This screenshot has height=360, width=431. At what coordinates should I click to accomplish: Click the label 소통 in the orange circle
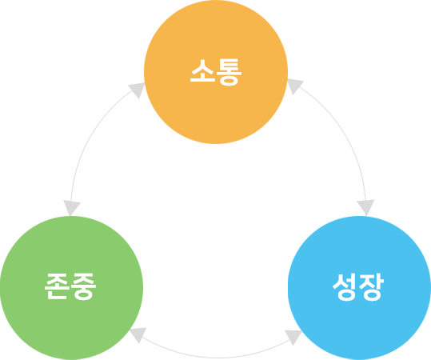pyautogui.click(x=216, y=72)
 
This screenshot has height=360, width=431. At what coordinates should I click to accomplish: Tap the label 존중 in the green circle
pyautogui.click(x=70, y=286)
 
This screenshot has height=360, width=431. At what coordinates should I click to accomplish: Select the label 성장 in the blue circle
pyautogui.click(x=358, y=287)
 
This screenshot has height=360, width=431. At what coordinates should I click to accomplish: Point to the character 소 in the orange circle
pyautogui.click(x=202, y=70)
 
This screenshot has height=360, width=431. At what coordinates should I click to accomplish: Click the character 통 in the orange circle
pyautogui.click(x=229, y=72)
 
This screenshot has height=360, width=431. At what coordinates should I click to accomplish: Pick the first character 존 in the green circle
pyautogui.click(x=58, y=286)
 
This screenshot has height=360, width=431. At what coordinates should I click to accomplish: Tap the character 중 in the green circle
pyautogui.click(x=83, y=286)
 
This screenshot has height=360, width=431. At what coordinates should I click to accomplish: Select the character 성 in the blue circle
pyautogui.click(x=345, y=287)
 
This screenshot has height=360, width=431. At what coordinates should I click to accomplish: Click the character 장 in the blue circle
pyautogui.click(x=371, y=287)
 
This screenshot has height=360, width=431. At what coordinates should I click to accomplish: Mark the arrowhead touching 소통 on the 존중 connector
pyautogui.click(x=138, y=89)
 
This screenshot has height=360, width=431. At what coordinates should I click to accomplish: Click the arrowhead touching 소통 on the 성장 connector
pyautogui.click(x=294, y=86)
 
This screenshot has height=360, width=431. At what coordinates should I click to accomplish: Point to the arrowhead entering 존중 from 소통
pyautogui.click(x=71, y=207)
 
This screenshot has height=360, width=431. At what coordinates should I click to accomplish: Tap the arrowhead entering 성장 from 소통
pyautogui.click(x=366, y=207)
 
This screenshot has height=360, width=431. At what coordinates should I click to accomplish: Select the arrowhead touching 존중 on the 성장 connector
pyautogui.click(x=138, y=334)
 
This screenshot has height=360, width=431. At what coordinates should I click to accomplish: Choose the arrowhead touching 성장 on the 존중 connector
pyautogui.click(x=293, y=337)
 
